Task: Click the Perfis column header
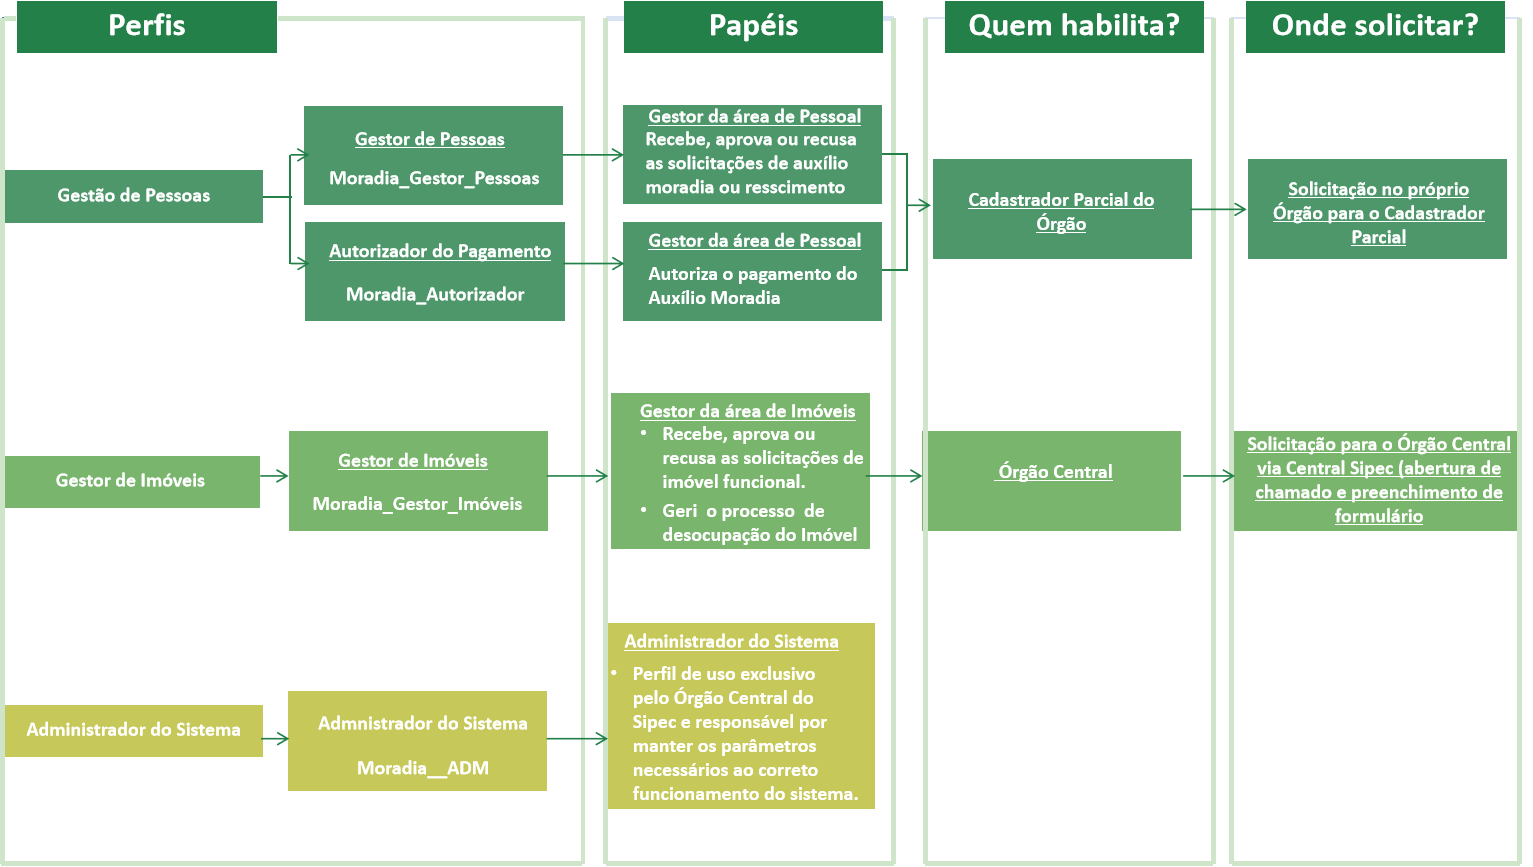(147, 26)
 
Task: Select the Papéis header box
(753, 26)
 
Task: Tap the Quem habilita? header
(1074, 26)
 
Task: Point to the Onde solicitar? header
(1375, 26)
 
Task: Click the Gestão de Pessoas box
(134, 196)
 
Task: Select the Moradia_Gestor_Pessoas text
(434, 179)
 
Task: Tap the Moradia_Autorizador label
(435, 295)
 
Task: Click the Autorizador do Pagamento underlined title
(440, 252)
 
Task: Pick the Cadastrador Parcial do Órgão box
(1062, 209)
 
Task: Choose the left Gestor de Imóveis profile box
(131, 481)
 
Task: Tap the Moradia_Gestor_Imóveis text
(417, 504)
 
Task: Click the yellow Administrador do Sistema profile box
(134, 730)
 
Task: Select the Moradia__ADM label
(423, 769)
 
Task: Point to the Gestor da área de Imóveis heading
(748, 411)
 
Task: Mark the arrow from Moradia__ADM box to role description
(578, 739)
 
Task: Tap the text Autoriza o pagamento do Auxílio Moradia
(752, 286)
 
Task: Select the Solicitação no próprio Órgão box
(1377, 209)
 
